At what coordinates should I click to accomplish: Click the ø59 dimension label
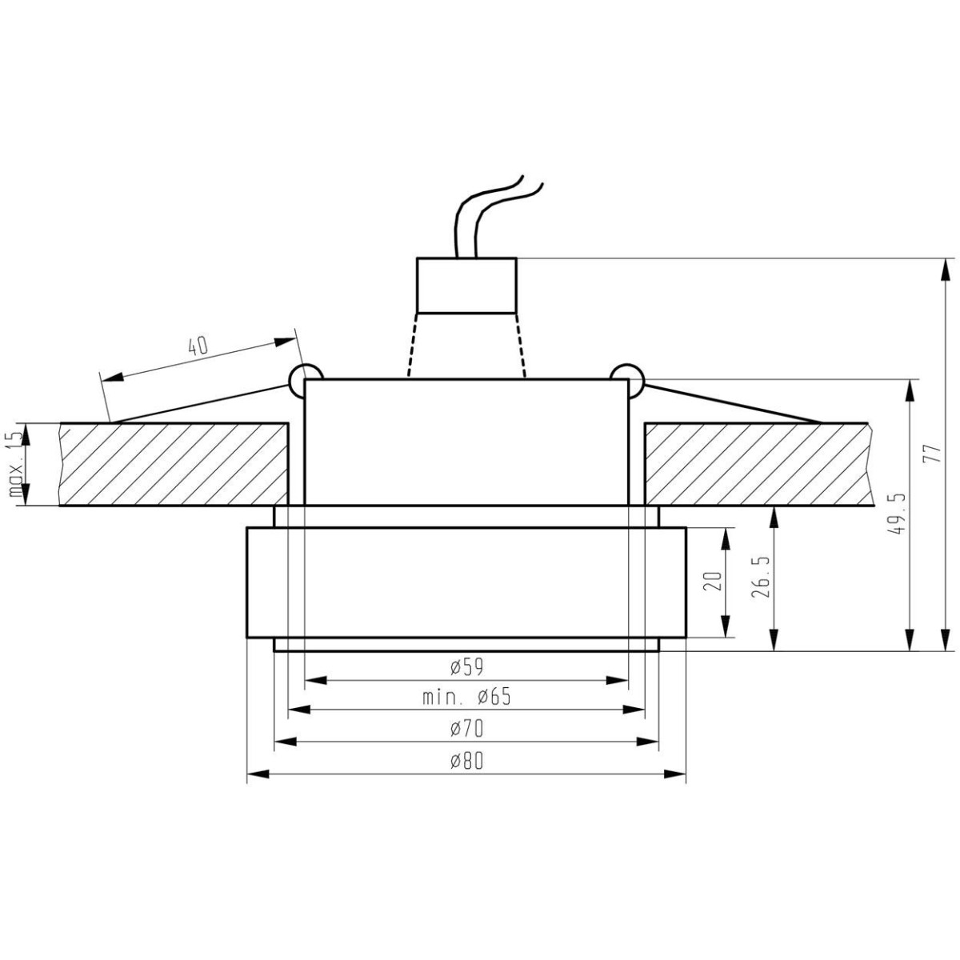tap(466, 666)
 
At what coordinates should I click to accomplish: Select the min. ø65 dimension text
tap(466, 697)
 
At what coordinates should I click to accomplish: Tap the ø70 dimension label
tap(466, 729)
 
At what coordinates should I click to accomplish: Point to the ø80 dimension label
tap(466, 761)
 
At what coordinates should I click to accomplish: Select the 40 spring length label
tap(197, 346)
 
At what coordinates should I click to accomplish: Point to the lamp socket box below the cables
tap(466, 285)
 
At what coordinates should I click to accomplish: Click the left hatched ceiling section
tap(174, 464)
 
